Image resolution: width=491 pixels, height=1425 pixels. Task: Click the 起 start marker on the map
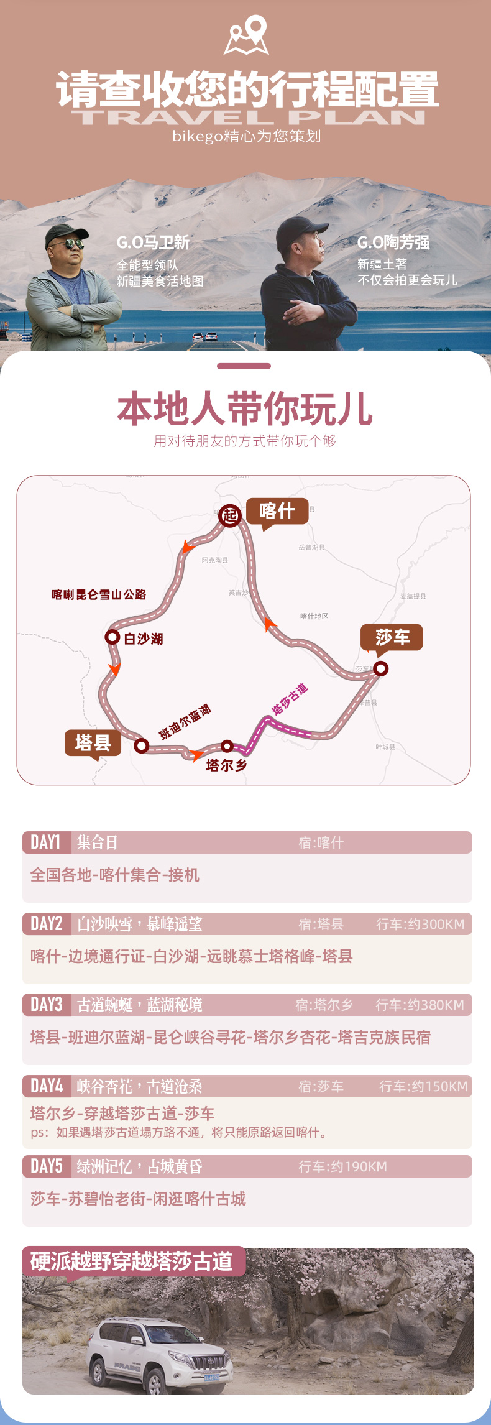(230, 515)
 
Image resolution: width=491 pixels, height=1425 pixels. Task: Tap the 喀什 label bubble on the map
(277, 511)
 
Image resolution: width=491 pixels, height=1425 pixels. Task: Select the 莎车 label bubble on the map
(392, 637)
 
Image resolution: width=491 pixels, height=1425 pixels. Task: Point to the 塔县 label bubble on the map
(93, 742)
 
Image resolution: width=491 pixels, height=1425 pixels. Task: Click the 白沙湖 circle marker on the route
(112, 637)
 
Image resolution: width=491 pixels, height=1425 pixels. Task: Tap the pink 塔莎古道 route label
(290, 699)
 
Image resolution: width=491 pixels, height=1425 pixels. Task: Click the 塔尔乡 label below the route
(226, 765)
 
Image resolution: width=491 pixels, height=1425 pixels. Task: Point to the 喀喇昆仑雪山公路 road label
(99, 594)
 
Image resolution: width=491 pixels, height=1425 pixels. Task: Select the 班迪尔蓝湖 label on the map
(185, 722)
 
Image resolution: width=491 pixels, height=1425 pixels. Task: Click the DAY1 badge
(46, 842)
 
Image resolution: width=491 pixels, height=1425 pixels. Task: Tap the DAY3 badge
(47, 1005)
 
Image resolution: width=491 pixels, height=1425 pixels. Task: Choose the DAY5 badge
(47, 1166)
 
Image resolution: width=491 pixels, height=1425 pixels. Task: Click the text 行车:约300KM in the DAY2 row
(420, 924)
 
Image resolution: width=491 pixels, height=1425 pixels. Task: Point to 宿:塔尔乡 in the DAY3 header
(323, 1005)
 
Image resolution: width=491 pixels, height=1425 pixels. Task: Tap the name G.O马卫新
(153, 242)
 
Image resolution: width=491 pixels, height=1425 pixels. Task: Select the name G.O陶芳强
(393, 242)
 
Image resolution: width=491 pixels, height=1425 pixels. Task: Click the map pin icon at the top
(247, 35)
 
